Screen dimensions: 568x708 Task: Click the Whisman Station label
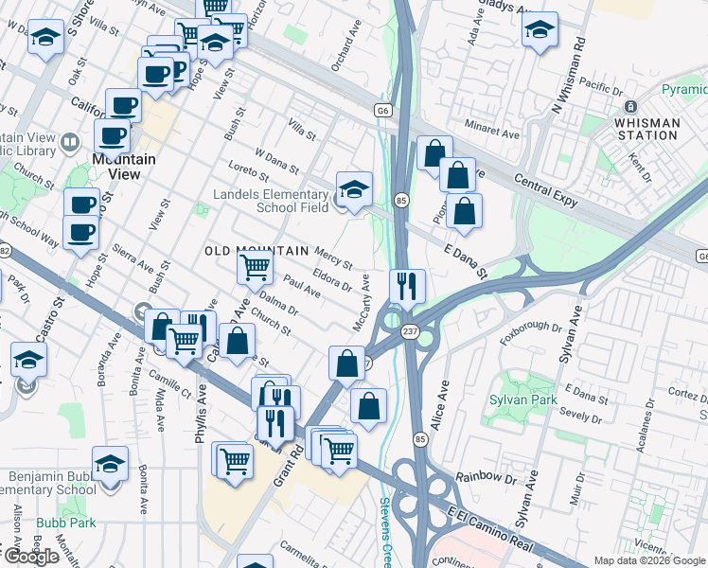click(646, 129)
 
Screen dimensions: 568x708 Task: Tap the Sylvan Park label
click(520, 399)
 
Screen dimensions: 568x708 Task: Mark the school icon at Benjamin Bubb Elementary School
click(110, 464)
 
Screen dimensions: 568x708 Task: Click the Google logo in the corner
click(30, 557)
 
